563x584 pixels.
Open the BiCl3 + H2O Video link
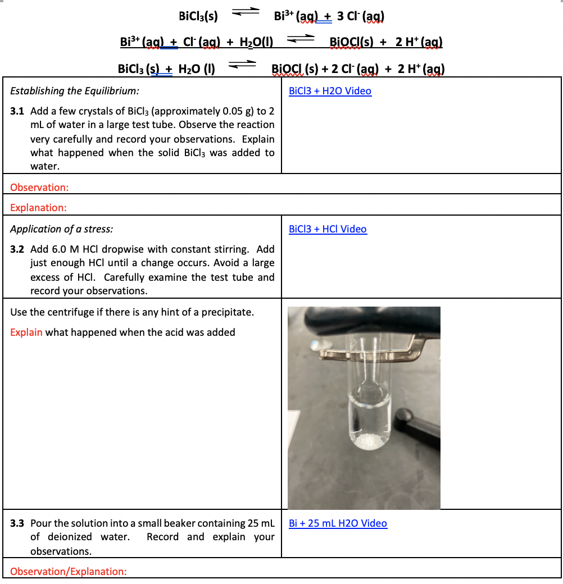(x=330, y=91)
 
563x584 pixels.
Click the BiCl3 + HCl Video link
(x=328, y=229)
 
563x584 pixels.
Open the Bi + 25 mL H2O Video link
(x=338, y=523)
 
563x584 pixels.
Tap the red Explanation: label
(x=38, y=208)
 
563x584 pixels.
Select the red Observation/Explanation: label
(x=69, y=572)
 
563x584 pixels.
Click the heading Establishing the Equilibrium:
(x=75, y=91)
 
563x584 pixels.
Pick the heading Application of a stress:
(x=61, y=229)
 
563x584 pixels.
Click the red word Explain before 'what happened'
(x=26, y=332)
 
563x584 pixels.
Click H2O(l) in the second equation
(x=256, y=42)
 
